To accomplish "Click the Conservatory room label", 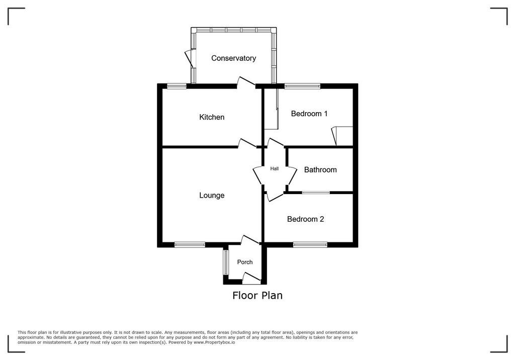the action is click(x=233, y=58).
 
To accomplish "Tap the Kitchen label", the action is click(x=212, y=117).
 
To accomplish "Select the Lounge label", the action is click(x=212, y=196).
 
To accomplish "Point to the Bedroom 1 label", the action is click(x=309, y=114).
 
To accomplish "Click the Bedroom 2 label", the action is click(x=305, y=219).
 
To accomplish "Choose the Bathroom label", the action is click(x=320, y=170).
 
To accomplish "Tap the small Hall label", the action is click(x=274, y=168).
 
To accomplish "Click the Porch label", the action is click(x=245, y=262).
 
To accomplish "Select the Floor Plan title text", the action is click(x=257, y=295).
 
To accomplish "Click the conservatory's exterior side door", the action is click(x=190, y=58).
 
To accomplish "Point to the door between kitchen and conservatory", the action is click(x=246, y=82).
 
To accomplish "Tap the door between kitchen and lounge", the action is click(x=246, y=143).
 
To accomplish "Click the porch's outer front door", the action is click(x=251, y=278).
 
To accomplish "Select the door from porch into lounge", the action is click(x=250, y=240).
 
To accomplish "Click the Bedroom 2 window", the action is click(x=310, y=244).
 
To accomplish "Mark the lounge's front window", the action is click(x=190, y=244).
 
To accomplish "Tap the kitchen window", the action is click(x=177, y=86).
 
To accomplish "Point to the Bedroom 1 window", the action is click(x=302, y=86).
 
